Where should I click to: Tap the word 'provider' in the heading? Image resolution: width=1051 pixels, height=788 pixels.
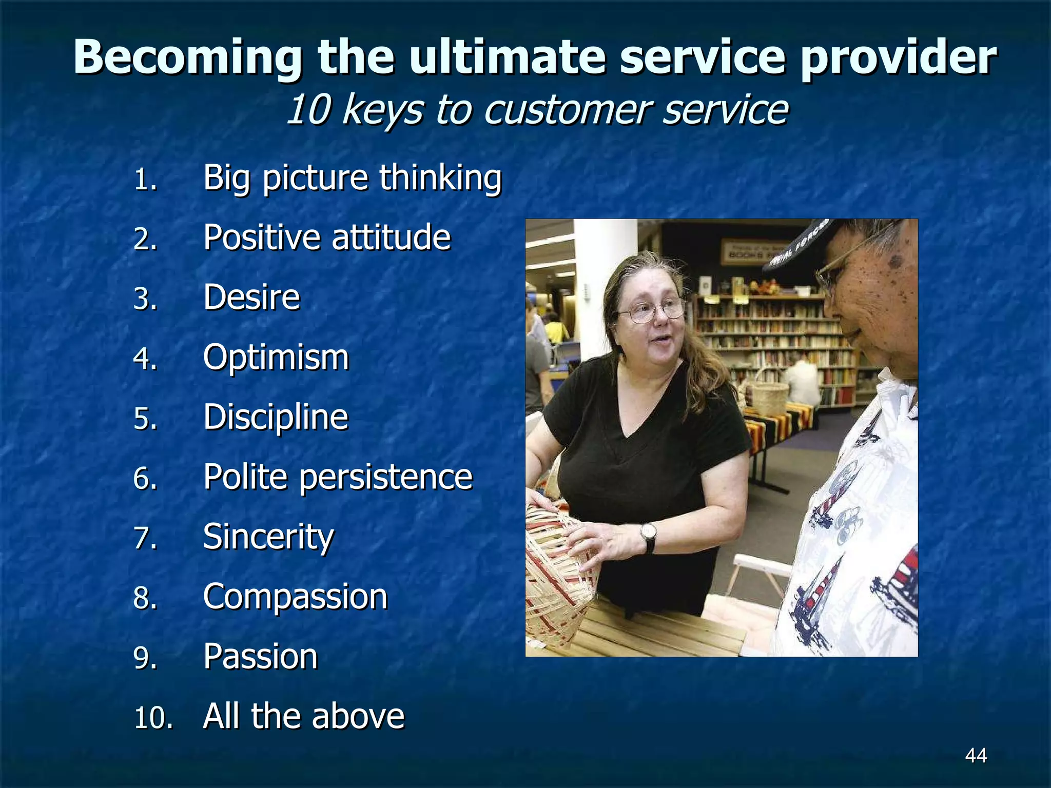(x=898, y=58)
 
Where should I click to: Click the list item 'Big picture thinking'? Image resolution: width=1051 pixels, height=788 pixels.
(x=352, y=178)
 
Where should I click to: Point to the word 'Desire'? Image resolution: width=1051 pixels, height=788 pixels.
(x=251, y=298)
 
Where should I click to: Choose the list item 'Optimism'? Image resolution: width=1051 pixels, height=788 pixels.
(x=276, y=358)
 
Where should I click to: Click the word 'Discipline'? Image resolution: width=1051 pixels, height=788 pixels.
(x=276, y=417)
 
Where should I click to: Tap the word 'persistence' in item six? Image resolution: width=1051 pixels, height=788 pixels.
(x=385, y=477)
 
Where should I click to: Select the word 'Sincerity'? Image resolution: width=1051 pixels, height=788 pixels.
(x=268, y=537)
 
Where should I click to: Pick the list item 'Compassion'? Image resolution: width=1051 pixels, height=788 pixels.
(x=295, y=597)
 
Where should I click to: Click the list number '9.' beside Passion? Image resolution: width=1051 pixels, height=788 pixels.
(x=145, y=658)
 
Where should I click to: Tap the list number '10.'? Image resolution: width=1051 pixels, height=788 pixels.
(x=153, y=718)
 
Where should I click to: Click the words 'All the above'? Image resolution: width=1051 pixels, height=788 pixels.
(x=303, y=716)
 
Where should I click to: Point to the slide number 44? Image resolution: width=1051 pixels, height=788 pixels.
(x=976, y=755)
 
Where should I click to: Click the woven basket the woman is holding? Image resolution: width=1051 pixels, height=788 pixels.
(x=557, y=575)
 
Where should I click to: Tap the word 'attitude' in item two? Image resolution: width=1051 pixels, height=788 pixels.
(x=391, y=238)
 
